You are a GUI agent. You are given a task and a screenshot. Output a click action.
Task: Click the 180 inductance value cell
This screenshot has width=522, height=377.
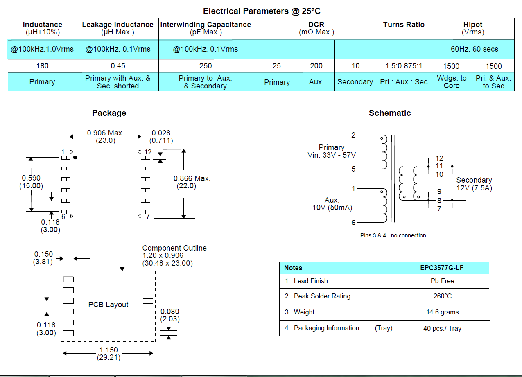43,66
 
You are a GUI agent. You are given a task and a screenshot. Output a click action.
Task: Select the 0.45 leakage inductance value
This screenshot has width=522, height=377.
118,66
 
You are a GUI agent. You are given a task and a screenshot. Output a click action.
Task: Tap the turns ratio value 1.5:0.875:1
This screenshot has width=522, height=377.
404,66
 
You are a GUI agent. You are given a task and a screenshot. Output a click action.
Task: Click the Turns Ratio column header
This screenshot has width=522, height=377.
404,25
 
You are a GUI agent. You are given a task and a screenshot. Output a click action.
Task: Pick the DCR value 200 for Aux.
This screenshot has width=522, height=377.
316,66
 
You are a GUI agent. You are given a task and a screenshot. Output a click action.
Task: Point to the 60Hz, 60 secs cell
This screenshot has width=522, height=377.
474,49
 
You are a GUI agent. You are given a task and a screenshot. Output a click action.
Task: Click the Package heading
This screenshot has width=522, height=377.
109,113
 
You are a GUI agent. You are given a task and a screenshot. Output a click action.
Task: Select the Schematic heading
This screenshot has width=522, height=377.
390,113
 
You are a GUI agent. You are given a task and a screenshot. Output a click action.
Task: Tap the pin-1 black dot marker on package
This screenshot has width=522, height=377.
75,158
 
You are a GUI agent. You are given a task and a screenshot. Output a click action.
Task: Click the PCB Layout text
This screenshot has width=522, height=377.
108,305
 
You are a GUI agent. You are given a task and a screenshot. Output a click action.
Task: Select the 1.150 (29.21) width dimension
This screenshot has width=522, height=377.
108,354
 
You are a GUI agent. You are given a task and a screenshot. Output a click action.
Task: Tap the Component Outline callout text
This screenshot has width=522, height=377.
174,248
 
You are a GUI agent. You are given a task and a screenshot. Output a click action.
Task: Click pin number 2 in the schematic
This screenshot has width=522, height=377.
353,135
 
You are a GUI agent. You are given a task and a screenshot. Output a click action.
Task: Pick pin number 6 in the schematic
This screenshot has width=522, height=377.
353,223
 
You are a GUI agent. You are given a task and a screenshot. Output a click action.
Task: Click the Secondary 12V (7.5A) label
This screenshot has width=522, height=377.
474,184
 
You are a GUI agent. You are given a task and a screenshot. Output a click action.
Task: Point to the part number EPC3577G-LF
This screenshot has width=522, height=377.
442,268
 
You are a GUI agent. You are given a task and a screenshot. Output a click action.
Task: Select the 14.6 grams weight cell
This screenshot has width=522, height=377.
442,312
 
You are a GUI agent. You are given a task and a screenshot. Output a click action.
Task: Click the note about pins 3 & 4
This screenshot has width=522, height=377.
393,235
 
